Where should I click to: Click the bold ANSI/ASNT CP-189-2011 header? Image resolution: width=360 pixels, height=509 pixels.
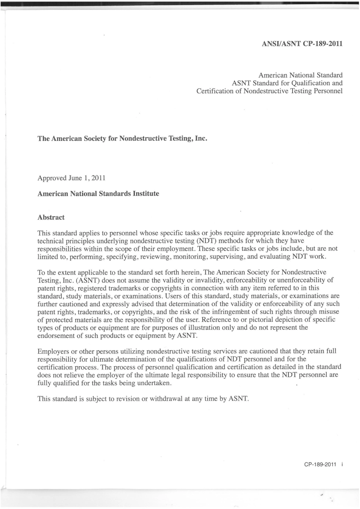click(x=302, y=44)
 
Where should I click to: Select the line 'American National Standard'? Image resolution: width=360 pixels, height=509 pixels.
click(x=301, y=75)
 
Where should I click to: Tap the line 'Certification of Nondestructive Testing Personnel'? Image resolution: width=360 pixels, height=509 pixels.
click(x=269, y=91)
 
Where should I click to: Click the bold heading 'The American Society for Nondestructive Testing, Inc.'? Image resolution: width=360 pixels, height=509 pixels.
click(x=123, y=139)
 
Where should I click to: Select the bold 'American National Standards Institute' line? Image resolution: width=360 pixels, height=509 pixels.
click(x=98, y=194)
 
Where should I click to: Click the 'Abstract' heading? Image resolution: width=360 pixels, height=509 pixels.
click(x=51, y=217)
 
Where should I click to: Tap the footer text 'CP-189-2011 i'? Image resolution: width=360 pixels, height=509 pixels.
click(x=323, y=465)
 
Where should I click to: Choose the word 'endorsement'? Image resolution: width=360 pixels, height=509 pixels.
click(x=55, y=336)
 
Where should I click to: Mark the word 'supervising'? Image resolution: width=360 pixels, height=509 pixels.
click(x=228, y=256)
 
